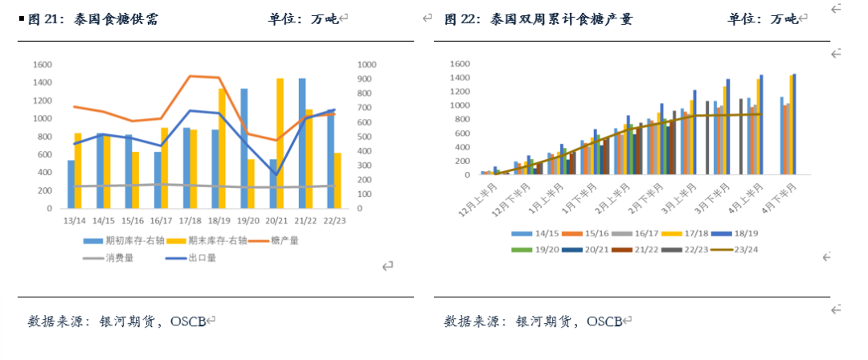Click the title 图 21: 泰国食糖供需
93,20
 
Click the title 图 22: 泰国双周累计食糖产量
539,20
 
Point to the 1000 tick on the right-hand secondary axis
367,65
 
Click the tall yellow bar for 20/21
280,144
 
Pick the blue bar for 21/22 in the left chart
302,144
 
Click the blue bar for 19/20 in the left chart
244,149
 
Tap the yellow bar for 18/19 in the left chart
222,149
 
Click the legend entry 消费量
108,258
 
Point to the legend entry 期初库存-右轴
118,241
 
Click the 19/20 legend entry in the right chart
533,249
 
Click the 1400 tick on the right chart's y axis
460,77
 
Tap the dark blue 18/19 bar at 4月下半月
794,124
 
